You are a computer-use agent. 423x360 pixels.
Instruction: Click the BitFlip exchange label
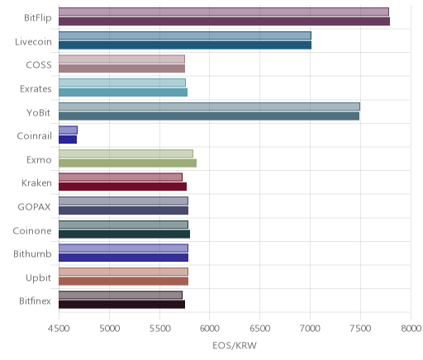click(38, 18)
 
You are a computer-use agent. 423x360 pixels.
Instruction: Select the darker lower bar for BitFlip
click(224, 21)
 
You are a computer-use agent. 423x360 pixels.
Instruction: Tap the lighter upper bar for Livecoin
click(185, 36)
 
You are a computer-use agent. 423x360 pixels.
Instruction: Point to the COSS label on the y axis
click(39, 65)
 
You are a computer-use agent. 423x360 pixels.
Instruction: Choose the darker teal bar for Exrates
click(123, 92)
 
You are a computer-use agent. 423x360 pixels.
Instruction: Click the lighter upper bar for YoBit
click(209, 107)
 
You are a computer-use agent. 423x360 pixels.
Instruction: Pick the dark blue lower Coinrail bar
click(68, 140)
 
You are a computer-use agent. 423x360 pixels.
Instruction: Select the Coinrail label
click(34, 136)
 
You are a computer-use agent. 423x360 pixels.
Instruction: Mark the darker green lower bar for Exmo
click(127, 163)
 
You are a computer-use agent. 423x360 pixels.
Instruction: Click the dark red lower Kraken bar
click(122, 187)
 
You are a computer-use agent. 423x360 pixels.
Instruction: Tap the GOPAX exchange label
click(34, 207)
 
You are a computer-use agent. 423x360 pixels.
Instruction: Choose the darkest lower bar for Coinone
click(124, 234)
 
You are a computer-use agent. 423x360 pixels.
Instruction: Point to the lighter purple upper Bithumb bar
click(123, 249)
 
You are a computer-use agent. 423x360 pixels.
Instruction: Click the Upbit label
click(38, 278)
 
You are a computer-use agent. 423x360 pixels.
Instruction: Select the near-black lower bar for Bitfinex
click(121, 305)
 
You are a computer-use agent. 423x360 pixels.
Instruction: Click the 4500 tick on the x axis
click(59, 329)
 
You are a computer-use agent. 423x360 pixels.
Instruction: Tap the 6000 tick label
click(209, 329)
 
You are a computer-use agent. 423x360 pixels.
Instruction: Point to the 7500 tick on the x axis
click(360, 329)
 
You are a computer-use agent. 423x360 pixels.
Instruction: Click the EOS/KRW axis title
click(235, 345)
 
